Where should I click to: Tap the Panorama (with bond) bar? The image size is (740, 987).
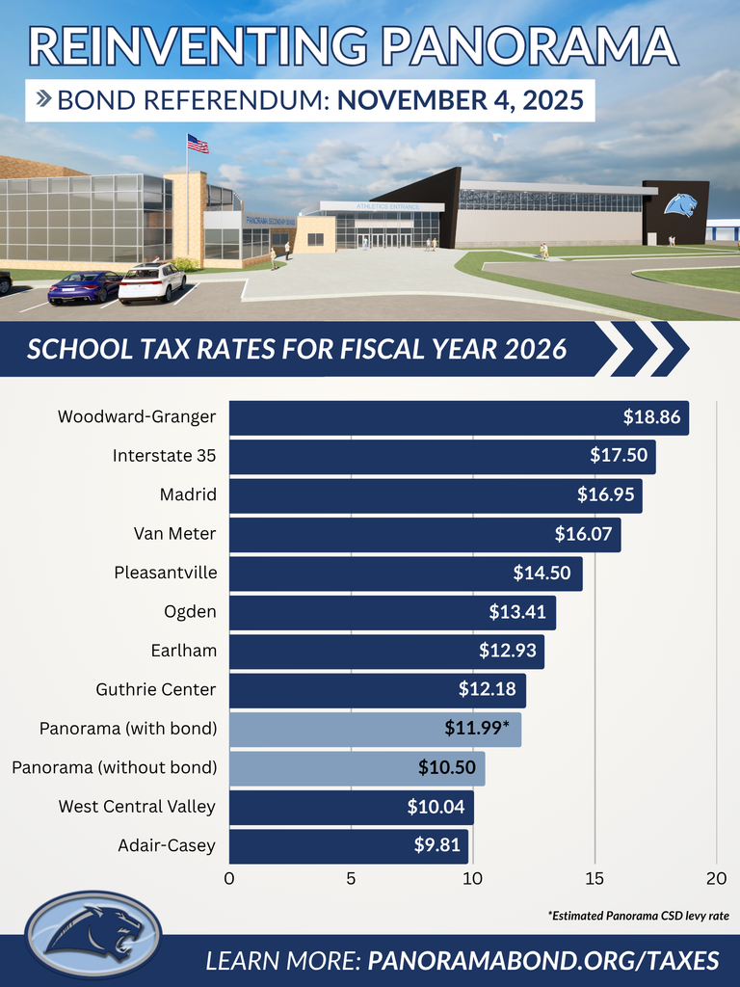point(375,729)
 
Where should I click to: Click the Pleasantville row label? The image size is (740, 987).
point(166,573)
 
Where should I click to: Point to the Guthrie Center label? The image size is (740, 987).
point(156,689)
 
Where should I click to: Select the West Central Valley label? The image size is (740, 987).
point(137,807)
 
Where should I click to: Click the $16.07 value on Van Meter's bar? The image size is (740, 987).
point(583,534)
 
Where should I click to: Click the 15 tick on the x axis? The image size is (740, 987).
point(595,878)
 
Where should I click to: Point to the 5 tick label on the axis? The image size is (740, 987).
point(351,878)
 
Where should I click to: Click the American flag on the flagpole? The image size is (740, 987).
point(198,145)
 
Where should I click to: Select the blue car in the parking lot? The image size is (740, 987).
point(85,285)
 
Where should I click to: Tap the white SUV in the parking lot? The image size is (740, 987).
point(152,281)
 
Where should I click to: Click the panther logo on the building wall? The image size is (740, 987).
point(680,205)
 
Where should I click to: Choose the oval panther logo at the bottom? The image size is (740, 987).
point(93,933)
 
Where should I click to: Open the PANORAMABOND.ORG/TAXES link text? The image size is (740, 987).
point(543,961)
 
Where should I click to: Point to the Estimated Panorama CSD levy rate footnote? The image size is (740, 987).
point(638,915)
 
